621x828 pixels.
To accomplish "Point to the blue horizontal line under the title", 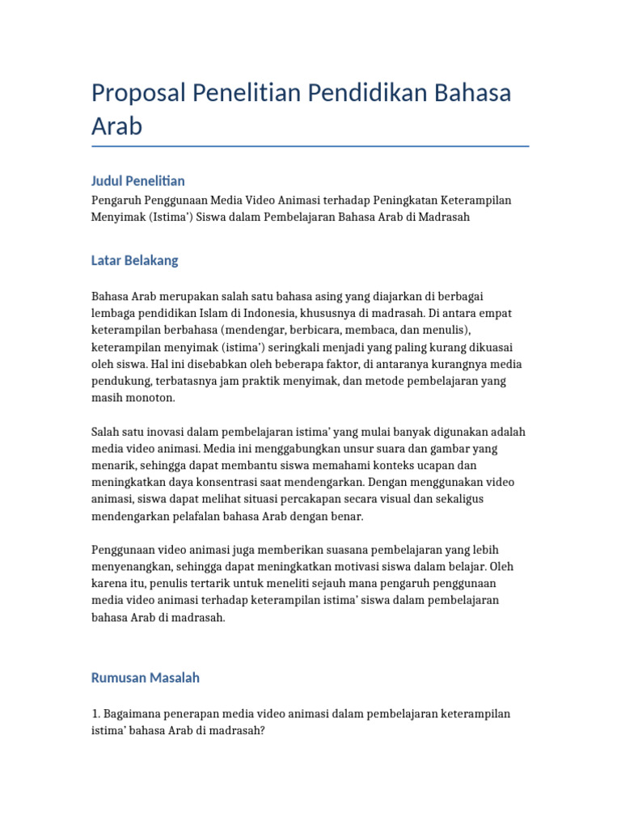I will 310,146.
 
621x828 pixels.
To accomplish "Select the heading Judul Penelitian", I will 137,180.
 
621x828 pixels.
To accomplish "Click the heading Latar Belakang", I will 134,260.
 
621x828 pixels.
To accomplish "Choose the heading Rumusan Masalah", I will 145,678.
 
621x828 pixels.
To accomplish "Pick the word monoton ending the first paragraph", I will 148,398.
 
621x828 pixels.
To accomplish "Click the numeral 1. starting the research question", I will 95,714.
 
